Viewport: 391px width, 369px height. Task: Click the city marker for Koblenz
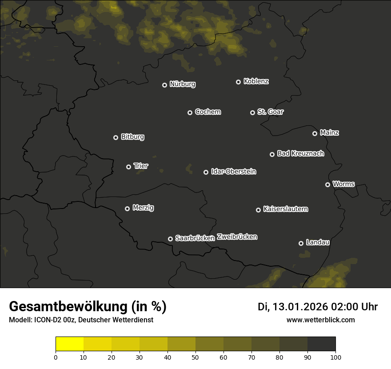pyautogui.click(x=238, y=82)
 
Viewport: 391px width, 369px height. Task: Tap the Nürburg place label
pyautogui.click(x=183, y=84)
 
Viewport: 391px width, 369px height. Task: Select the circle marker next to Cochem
pyautogui.click(x=190, y=112)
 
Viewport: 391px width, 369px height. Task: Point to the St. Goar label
pyautogui.click(x=270, y=112)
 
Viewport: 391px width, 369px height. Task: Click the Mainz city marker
pyautogui.click(x=315, y=133)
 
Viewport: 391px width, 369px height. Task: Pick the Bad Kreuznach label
pyautogui.click(x=300, y=153)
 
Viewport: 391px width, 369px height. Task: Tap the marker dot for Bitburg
pyautogui.click(x=116, y=137)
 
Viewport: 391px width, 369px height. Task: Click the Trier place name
pyautogui.click(x=141, y=166)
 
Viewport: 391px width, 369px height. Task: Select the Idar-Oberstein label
pyautogui.click(x=233, y=171)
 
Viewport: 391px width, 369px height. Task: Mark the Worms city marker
pyautogui.click(x=327, y=184)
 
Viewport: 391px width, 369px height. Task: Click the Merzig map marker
pyautogui.click(x=127, y=209)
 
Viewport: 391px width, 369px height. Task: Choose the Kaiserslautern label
pyautogui.click(x=285, y=209)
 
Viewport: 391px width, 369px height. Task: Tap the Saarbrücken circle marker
pyautogui.click(x=170, y=239)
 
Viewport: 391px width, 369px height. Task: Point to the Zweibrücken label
pyautogui.click(x=237, y=237)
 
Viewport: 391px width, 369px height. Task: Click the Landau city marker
pyautogui.click(x=301, y=243)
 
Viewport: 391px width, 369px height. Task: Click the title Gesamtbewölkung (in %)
pyautogui.click(x=88, y=307)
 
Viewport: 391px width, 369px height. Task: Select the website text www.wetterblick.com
pyautogui.click(x=320, y=320)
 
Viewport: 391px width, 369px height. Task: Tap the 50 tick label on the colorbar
pyautogui.click(x=195, y=357)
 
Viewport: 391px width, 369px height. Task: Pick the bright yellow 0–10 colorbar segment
pyautogui.click(x=70, y=344)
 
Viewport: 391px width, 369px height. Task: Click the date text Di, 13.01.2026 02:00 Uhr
pyautogui.click(x=318, y=307)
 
